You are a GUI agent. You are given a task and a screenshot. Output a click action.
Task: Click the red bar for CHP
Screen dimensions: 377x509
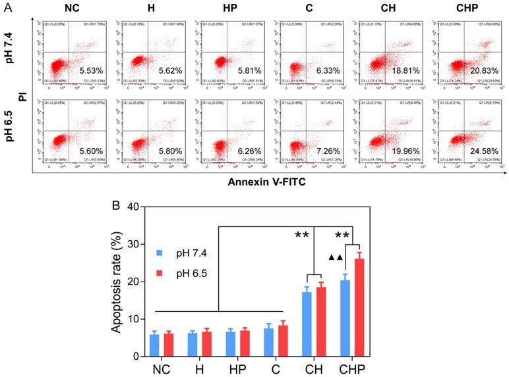[360, 307]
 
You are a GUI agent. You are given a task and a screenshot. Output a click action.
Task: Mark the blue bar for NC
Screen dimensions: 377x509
[154, 345]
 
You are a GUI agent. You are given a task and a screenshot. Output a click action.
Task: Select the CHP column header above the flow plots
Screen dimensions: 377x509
[469, 9]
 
